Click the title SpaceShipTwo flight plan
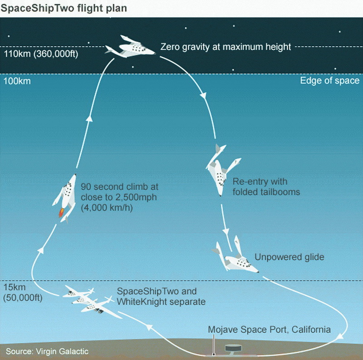point(64,8)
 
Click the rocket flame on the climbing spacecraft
point(61,212)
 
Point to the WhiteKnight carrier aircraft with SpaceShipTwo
point(88,300)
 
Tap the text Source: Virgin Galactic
point(47,351)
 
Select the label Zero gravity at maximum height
point(226,47)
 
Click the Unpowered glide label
point(289,257)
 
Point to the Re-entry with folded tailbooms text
point(266,186)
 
